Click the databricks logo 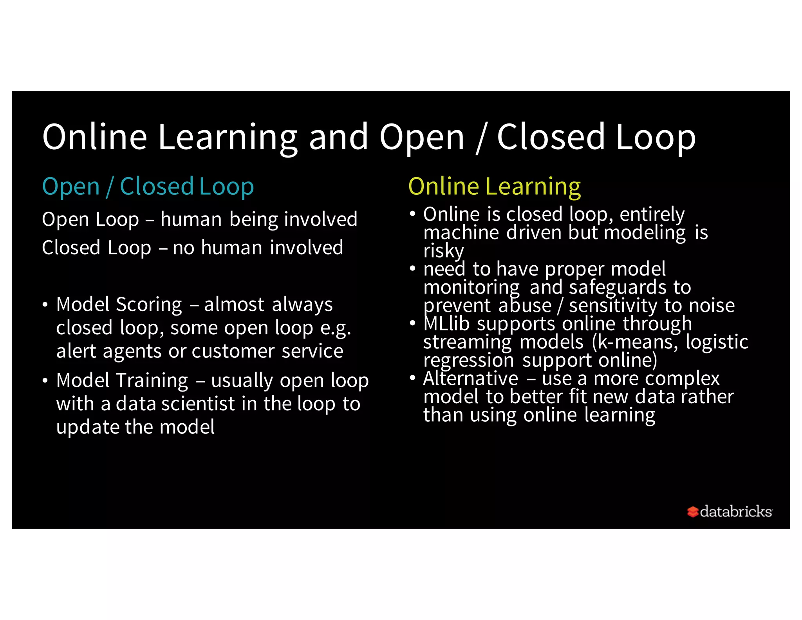(730, 511)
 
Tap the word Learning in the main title (228, 137)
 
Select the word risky (443, 251)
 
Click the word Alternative (470, 379)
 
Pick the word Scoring (149, 305)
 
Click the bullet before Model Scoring (45, 305)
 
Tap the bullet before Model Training (45, 381)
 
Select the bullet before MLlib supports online (412, 324)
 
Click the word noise (712, 306)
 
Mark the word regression (468, 360)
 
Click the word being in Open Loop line (253, 219)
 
